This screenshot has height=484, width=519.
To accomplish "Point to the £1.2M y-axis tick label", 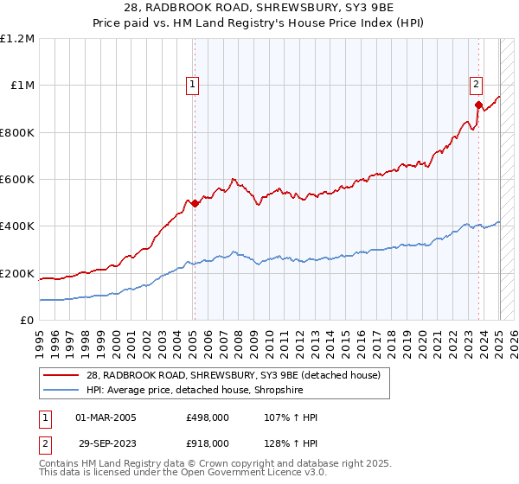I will click(18, 39).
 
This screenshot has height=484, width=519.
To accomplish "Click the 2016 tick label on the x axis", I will click(362, 335).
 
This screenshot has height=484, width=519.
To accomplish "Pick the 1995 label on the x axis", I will click(39, 335).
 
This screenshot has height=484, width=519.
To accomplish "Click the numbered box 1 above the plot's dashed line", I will click(191, 84).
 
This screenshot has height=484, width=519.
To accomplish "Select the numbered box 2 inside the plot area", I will click(476, 84).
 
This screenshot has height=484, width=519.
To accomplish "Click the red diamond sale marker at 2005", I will click(195, 204).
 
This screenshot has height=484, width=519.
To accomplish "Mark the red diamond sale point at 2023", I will click(478, 105).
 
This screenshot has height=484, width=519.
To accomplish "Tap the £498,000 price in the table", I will click(207, 418).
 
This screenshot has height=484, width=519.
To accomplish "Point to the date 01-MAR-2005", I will click(106, 418).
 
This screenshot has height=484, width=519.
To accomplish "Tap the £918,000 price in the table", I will click(207, 443).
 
